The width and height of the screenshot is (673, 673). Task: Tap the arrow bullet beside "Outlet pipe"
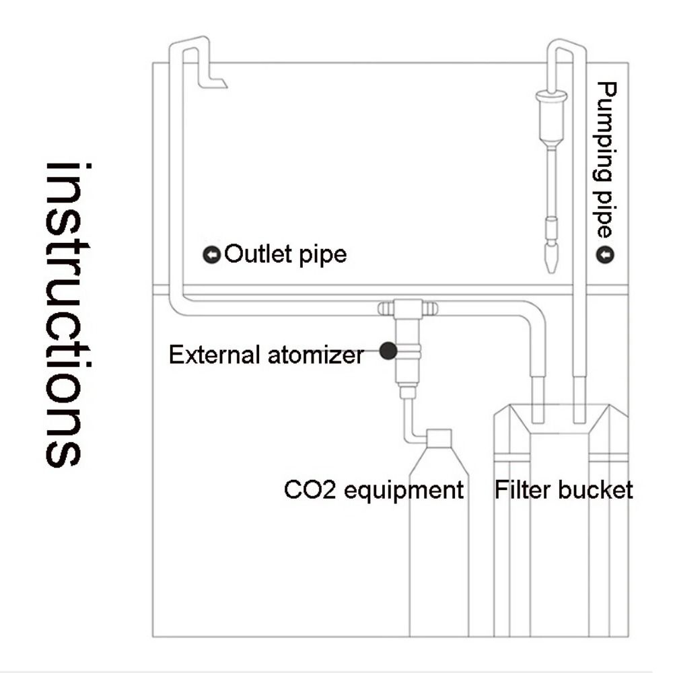(x=212, y=256)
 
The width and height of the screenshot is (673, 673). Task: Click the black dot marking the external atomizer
(x=387, y=351)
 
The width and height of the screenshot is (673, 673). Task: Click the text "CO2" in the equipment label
(x=310, y=489)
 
